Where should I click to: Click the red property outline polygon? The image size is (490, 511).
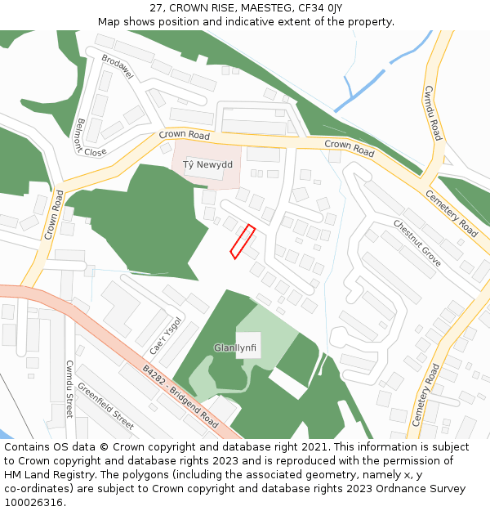[x=243, y=242]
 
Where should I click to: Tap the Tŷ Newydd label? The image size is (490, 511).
[x=207, y=165]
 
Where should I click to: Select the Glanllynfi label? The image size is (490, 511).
[x=235, y=347]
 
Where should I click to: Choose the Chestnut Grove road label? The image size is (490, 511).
[x=416, y=243]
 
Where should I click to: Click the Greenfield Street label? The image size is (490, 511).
[x=105, y=408]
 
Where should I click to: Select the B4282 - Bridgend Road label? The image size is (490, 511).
[x=180, y=397]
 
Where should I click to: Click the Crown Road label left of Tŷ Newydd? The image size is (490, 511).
[x=184, y=134]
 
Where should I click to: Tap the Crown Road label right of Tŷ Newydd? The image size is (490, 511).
[x=349, y=149]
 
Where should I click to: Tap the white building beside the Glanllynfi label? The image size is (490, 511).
[x=248, y=345]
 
